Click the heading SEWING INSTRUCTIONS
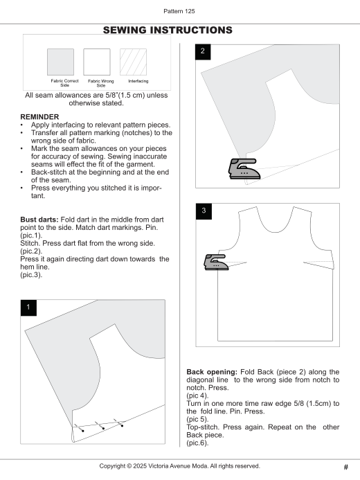168,30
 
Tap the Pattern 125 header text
179,11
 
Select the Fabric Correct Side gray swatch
60,62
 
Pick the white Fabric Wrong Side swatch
97,62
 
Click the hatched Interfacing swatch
134,62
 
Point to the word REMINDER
39,117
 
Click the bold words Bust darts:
39,220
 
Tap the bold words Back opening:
212,372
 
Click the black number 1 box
28,308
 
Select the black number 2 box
203,52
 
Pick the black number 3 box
204,211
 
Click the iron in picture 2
244,169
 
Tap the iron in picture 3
216,262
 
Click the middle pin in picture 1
100,425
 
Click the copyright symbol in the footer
129,466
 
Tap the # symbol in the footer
346,467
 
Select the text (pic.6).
197,443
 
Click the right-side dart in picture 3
318,265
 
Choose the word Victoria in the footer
161,466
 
